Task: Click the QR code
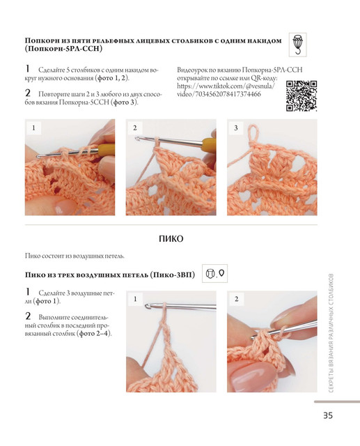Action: coord(302,96)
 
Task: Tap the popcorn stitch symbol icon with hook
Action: coord(298,45)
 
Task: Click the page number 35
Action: coord(327,415)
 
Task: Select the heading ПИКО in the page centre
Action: coord(171,238)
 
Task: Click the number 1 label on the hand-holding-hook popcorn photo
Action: coord(34,128)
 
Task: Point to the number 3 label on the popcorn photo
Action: coord(236,128)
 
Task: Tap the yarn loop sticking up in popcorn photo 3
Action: coord(253,134)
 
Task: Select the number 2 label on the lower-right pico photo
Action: coord(236,299)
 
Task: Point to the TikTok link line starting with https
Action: coord(226,86)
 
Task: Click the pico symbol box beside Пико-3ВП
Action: coord(214,274)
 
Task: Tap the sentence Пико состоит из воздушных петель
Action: coord(75,256)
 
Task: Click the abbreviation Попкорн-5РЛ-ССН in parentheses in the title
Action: coord(63,49)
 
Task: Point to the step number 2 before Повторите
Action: coord(28,93)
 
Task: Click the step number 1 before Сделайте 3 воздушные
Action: coord(28,291)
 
